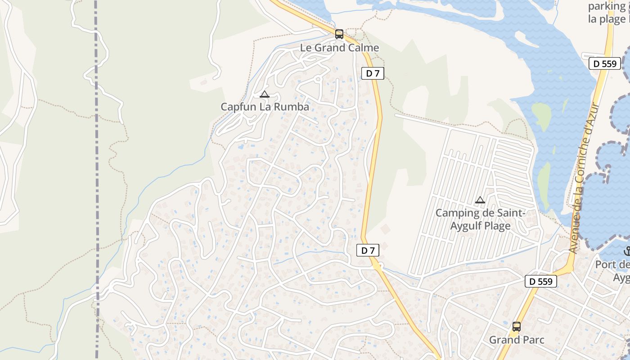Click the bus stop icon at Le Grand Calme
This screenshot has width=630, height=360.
point(339,34)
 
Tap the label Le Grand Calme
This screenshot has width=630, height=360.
point(340,48)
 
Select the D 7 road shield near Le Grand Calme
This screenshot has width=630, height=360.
point(373,73)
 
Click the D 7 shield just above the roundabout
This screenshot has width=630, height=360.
point(368,251)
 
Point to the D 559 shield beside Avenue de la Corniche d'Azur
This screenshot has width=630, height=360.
point(605,63)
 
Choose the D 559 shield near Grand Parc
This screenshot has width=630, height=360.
point(541,282)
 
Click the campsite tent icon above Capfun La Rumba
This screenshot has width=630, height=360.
point(265,94)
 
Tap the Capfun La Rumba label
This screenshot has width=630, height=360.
point(265,107)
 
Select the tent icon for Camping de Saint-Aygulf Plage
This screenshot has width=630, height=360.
point(480,200)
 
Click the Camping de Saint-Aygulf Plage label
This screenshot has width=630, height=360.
point(481,219)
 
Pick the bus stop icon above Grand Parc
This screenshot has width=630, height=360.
point(517,327)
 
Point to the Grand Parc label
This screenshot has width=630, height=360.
point(517,340)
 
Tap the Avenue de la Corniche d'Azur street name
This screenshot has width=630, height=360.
point(584,178)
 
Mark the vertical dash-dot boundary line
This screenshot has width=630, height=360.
point(97,180)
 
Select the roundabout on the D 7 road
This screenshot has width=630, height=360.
point(377,265)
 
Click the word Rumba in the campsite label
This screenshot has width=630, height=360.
point(293,107)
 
